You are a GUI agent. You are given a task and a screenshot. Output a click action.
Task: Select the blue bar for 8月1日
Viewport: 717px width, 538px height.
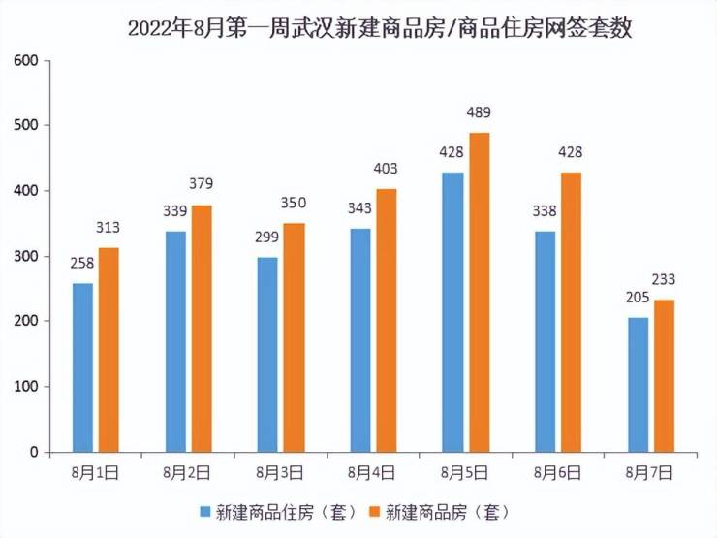(x=82, y=367)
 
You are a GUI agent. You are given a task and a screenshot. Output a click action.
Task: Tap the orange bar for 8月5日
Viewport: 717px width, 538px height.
(x=480, y=292)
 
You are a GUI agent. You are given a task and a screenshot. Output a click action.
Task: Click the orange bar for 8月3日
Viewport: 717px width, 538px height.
(x=294, y=337)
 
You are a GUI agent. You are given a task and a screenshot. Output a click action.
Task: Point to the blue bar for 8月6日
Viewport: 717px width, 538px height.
(x=545, y=341)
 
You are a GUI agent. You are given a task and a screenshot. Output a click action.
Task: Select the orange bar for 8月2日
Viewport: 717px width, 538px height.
(x=201, y=328)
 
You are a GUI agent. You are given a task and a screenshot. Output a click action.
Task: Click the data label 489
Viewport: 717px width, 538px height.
(x=480, y=112)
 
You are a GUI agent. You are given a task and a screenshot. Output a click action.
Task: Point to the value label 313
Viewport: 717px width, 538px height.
(x=108, y=228)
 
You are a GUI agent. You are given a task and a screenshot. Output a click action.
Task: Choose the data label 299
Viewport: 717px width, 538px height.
(x=266, y=237)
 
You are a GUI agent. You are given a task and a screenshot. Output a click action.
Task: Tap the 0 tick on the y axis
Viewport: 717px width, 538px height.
(x=33, y=453)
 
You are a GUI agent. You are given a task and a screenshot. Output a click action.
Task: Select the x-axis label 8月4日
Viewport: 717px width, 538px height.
(x=372, y=473)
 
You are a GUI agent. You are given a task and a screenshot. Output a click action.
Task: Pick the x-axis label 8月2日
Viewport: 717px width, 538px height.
(x=187, y=473)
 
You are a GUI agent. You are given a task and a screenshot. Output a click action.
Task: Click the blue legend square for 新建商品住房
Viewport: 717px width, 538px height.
(x=205, y=510)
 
